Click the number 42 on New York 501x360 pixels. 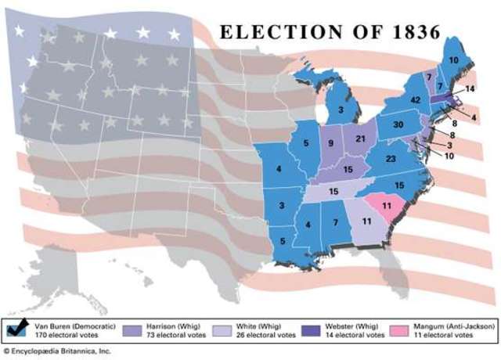[415, 100]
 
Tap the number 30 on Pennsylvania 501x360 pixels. [398, 125]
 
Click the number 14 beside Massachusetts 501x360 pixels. [470, 90]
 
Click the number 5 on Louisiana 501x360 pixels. [282, 240]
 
